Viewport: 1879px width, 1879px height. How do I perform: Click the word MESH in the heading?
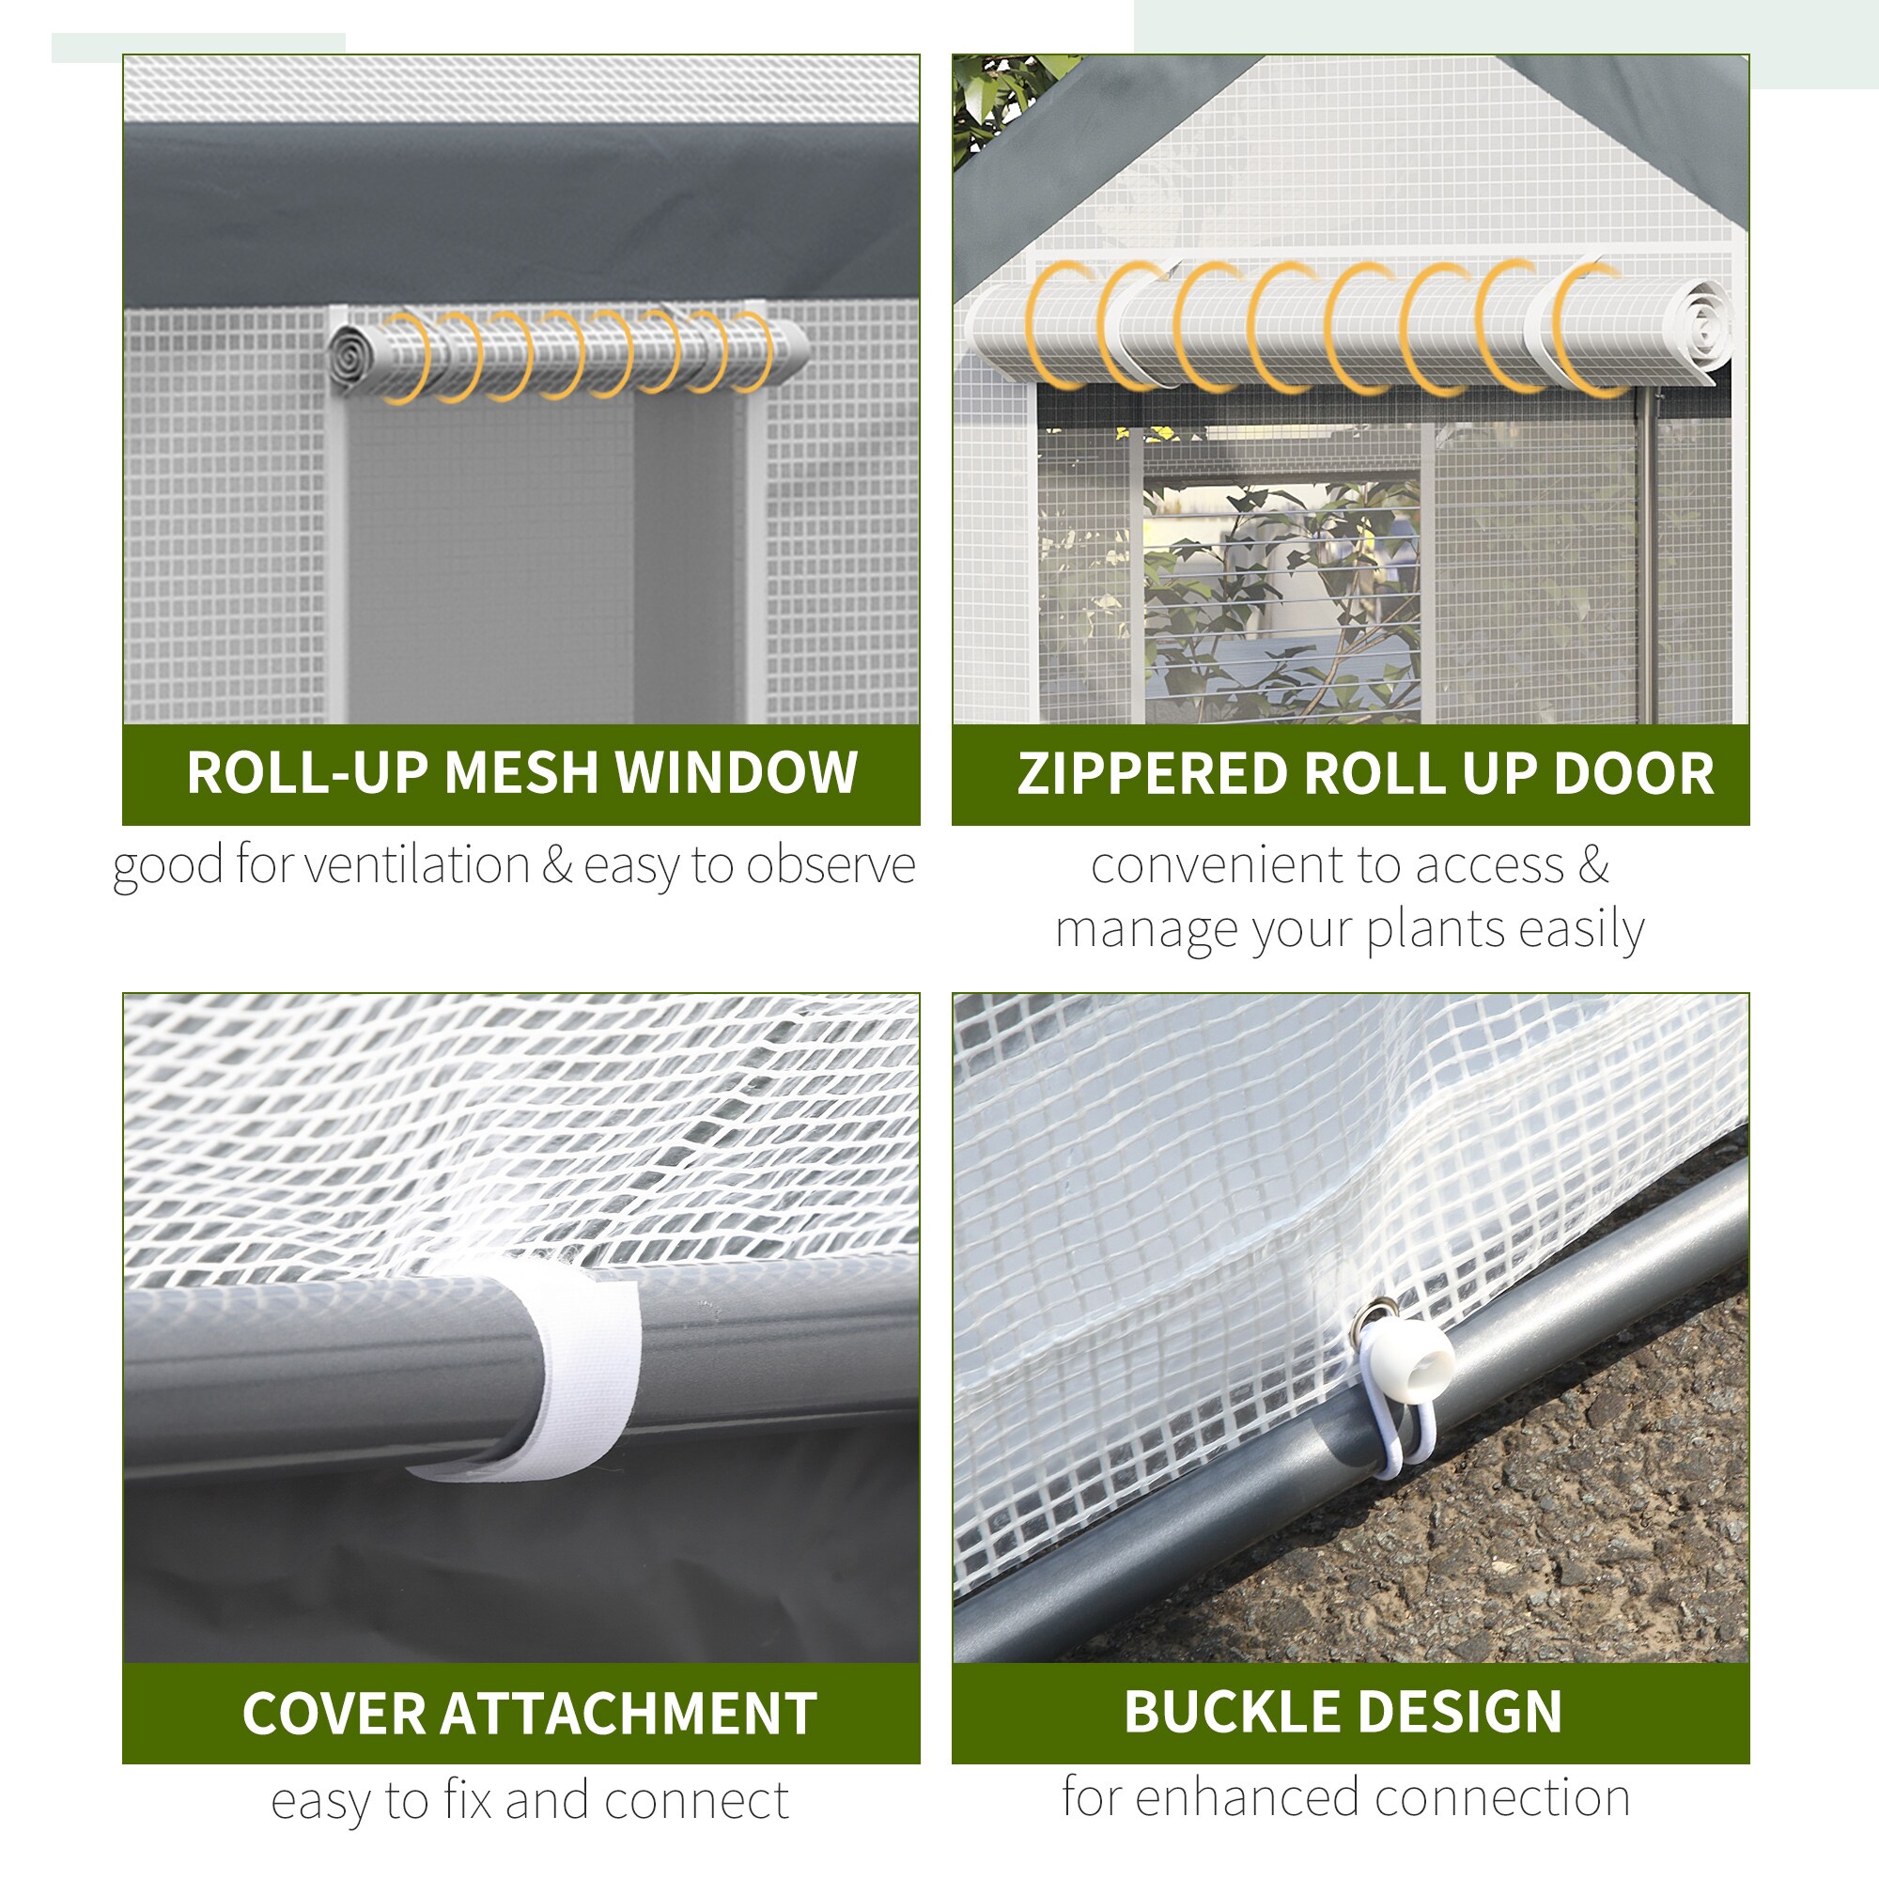520,773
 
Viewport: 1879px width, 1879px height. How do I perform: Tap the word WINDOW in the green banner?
737,773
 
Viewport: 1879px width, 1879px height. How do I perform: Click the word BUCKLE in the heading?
1231,1711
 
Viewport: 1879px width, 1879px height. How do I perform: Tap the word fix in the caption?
469,1800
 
